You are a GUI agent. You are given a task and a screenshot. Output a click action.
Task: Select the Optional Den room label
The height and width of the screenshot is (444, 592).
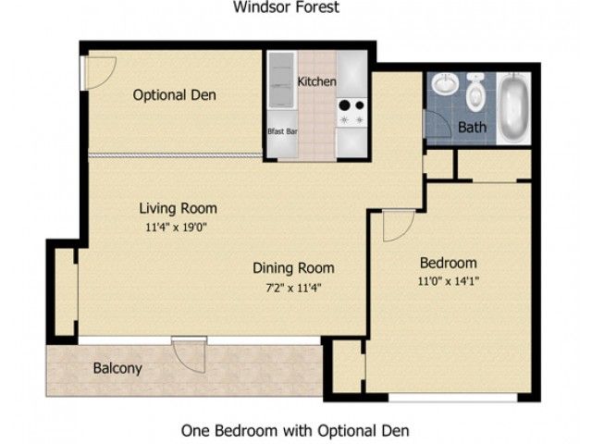171,95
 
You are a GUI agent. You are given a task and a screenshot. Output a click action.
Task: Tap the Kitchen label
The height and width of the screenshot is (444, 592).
316,82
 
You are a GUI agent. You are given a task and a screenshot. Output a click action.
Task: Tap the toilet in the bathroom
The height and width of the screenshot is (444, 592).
476,92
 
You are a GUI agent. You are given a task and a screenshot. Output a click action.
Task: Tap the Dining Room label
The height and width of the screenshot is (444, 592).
293,268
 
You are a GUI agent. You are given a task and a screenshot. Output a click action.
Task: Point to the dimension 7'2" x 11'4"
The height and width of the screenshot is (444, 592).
293,287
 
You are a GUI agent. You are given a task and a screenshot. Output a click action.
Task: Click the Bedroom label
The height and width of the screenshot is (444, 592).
448,262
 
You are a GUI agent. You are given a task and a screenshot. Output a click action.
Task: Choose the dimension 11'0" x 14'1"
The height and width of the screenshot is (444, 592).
448,280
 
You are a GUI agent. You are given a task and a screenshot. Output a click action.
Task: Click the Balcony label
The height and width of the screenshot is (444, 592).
117,368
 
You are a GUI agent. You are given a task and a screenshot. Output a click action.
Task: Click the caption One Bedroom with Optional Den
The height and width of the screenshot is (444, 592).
294,430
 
